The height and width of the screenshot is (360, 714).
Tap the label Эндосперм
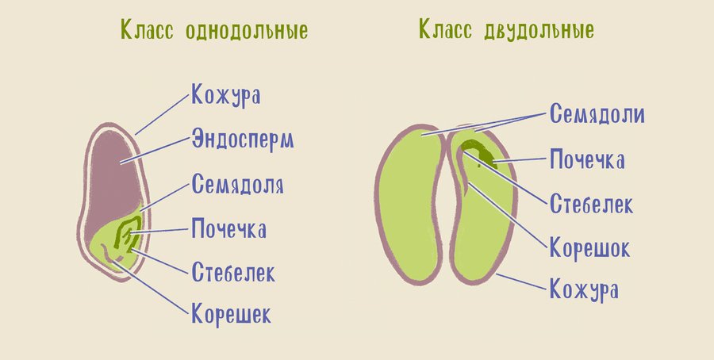[x=243, y=140]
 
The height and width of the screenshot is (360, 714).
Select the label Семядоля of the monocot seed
[x=238, y=185]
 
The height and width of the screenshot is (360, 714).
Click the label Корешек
[x=232, y=313]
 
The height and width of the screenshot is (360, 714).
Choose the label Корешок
[x=589, y=248]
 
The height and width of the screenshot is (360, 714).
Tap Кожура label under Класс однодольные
[x=226, y=96]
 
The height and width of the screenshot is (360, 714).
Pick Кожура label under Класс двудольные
[x=584, y=289]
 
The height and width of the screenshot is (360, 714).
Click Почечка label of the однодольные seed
[x=228, y=228]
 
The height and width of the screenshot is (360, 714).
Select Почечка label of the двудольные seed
[x=587, y=159]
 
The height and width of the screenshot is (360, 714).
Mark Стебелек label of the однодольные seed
[x=233, y=272]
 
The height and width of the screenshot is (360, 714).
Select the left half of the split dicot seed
[x=409, y=205]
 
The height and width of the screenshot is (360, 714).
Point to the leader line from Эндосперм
[x=155, y=150]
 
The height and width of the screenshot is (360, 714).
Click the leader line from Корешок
[x=507, y=216]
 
